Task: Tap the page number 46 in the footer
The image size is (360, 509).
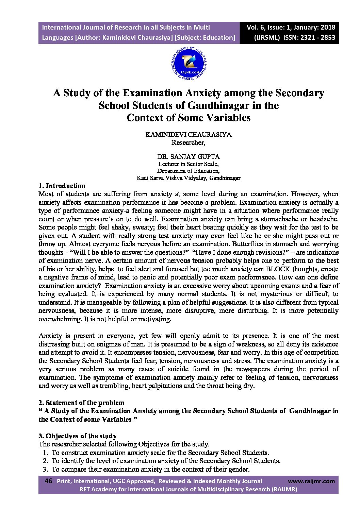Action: tap(48, 481)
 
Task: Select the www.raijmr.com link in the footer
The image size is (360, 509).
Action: tap(311, 481)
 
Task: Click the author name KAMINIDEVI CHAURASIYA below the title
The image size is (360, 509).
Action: tap(188, 134)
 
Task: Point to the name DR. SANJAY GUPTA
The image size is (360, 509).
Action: tap(188, 157)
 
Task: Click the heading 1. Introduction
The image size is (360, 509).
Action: tap(62, 186)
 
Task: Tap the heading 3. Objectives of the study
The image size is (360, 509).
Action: tap(78, 436)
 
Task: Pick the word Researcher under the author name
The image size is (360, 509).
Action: tap(188, 142)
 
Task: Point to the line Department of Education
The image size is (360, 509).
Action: tap(188, 171)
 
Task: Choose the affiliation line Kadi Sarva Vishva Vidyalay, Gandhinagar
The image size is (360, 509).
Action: tap(188, 178)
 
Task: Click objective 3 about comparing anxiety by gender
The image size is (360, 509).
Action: tap(150, 469)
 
